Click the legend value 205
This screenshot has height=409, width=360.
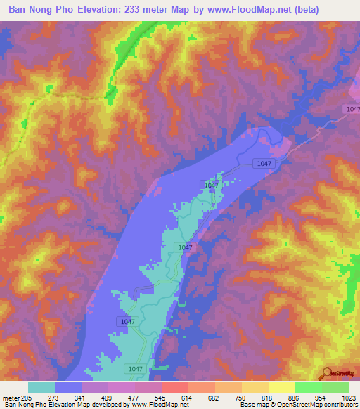[26, 398]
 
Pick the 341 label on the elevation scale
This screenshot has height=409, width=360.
[81, 398]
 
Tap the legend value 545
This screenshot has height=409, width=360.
[161, 398]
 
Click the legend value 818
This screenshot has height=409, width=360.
[268, 398]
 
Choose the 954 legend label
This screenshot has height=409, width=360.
[321, 398]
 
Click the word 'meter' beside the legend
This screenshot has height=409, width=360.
[10, 398]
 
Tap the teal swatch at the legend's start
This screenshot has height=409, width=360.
[41, 387]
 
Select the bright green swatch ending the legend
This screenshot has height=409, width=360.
[335, 387]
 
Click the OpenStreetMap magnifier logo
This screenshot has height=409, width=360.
[327, 372]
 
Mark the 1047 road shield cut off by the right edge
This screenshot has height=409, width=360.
[353, 109]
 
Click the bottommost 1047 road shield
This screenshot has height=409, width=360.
[136, 368]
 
